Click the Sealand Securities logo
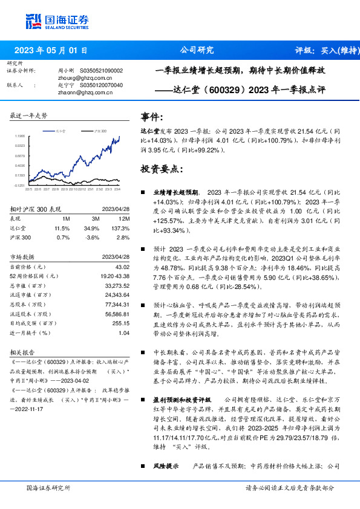(x=58, y=21)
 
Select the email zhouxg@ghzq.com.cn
(x=81, y=77)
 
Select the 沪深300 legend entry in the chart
(x=99, y=131)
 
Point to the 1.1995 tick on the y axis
(x=20, y=137)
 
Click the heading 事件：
(x=152, y=116)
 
